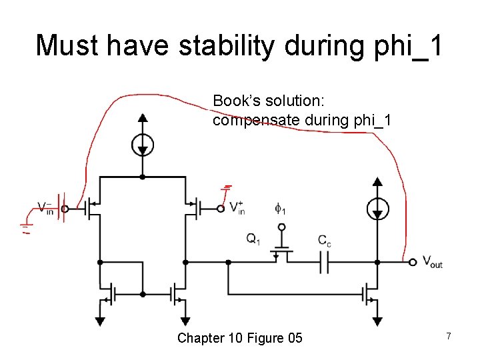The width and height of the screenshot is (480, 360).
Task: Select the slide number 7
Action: [x=449, y=337]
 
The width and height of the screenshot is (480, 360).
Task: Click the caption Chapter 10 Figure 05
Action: [x=239, y=338]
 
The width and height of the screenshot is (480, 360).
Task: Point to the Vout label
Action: [x=433, y=262]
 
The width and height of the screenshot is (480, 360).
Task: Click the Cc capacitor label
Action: [x=324, y=241]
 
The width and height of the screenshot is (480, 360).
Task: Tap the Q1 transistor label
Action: [x=253, y=239]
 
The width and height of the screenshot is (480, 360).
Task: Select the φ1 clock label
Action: [x=281, y=209]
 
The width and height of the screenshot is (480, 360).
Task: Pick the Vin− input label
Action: [x=46, y=208]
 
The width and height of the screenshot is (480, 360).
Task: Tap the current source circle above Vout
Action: [x=377, y=209]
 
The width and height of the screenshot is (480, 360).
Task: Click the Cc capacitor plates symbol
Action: [x=324, y=263]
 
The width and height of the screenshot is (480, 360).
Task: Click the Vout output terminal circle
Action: [x=413, y=262]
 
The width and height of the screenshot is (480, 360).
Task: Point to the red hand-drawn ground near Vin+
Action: [x=227, y=187]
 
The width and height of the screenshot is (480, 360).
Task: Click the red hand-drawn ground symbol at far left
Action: [x=25, y=229]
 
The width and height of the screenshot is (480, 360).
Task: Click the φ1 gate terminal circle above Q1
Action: [x=281, y=227]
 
